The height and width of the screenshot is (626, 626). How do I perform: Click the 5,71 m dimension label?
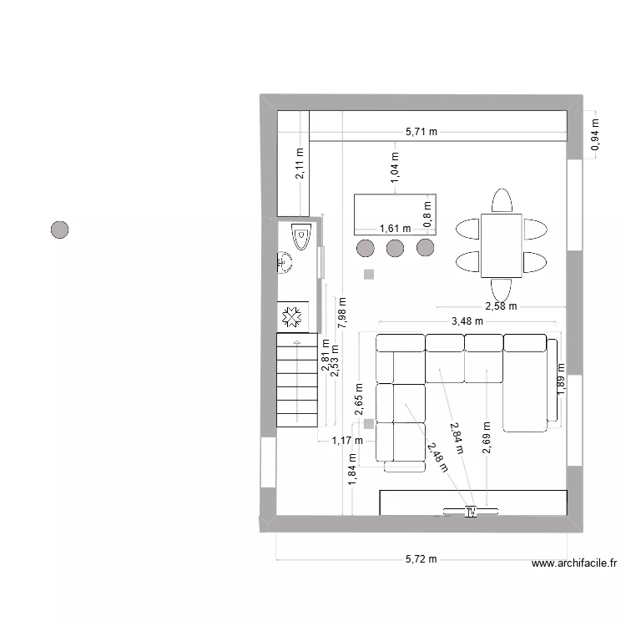422,131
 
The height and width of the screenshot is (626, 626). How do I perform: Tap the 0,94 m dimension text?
594,135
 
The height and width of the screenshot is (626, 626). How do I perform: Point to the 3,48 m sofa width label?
466,320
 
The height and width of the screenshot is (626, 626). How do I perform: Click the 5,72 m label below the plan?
421,559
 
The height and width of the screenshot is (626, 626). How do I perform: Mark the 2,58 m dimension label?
501,305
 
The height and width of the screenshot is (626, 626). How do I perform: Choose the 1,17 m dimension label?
347,440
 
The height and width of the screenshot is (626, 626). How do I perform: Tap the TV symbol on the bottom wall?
471,512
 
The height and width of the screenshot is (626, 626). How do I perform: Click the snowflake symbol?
293,317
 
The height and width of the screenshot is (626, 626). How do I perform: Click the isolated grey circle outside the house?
59,230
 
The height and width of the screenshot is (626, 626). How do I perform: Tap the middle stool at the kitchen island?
396,248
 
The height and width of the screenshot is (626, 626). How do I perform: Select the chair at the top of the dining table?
502,201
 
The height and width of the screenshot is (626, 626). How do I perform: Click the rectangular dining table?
501,245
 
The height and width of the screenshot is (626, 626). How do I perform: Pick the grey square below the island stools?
368,274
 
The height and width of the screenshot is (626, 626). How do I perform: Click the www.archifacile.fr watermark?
574,564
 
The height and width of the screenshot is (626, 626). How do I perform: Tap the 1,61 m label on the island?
395,228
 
